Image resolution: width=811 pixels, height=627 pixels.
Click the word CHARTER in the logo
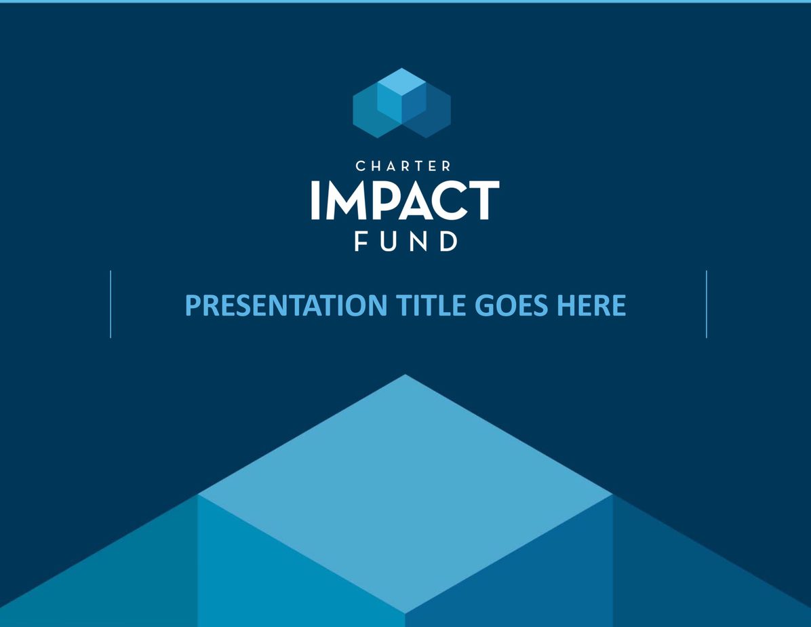click(403, 166)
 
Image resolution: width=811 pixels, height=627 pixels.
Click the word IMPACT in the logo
click(405, 200)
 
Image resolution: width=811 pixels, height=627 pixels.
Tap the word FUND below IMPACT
click(406, 242)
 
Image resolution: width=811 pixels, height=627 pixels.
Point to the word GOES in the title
click(511, 305)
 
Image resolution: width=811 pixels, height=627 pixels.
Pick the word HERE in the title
click(591, 305)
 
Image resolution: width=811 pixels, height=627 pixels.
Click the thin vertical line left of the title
click(111, 305)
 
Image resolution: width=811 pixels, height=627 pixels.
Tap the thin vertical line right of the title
click(707, 305)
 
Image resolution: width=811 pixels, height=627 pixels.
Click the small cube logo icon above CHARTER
click(402, 103)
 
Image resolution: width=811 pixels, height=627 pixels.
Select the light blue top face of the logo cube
click(402, 82)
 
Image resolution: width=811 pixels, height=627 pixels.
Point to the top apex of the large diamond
click(406, 375)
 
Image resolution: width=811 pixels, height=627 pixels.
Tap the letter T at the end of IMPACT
click(482, 200)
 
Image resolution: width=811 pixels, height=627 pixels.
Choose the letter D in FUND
click(448, 242)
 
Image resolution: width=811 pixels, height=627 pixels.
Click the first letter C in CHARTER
click(361, 166)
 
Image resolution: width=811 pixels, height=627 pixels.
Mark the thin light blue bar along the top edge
click(406, 1)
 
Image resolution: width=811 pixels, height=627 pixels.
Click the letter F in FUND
click(361, 242)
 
